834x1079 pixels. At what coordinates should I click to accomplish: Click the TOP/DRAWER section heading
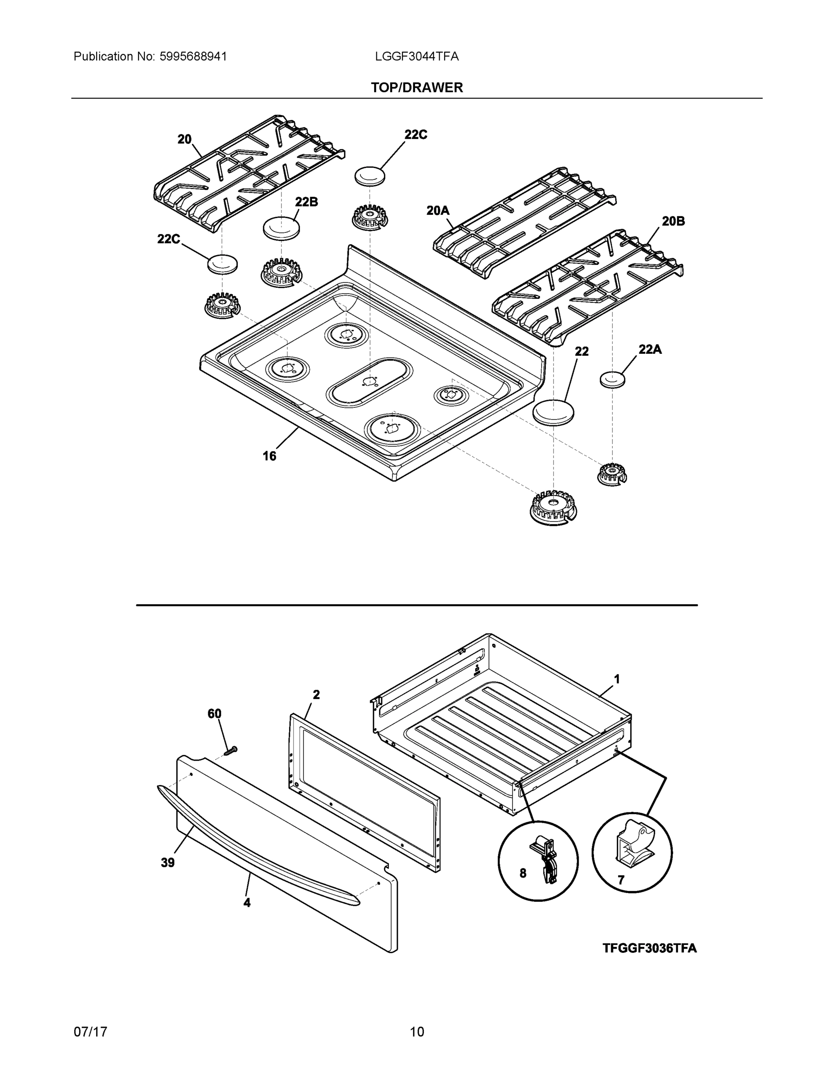[416, 88]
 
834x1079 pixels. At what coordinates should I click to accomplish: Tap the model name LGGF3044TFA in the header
[416, 56]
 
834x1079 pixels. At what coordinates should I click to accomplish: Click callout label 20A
[438, 211]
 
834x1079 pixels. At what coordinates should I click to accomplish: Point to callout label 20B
[673, 221]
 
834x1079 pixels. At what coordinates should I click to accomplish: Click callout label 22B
[306, 201]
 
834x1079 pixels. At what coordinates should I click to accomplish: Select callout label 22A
[650, 349]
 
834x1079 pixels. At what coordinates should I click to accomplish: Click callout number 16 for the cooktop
[269, 456]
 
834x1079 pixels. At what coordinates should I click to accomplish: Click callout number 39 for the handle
[168, 863]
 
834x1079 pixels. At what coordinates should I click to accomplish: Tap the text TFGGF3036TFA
[649, 948]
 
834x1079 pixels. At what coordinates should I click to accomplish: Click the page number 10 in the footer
[416, 1032]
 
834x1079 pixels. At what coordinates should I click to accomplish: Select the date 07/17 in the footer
[90, 1032]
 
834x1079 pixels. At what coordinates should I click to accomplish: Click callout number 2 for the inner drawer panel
[316, 695]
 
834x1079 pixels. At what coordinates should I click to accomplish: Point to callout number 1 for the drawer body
[616, 679]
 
